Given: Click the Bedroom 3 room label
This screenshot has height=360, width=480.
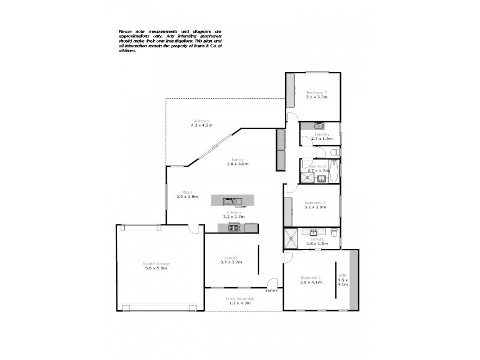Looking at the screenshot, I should tap(316, 92).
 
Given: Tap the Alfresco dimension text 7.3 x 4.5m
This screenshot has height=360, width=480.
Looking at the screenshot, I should tap(202, 125).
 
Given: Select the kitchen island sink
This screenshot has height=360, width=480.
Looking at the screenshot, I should tap(229, 200).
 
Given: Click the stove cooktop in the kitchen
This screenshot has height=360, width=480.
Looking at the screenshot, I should tap(234, 227).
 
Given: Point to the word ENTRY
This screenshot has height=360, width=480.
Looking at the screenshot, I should tap(272, 291).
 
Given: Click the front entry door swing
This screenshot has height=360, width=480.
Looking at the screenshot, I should tap(273, 282).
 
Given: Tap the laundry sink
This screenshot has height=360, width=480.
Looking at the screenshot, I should tap(319, 126).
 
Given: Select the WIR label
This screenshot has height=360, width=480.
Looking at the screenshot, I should tap(343, 277).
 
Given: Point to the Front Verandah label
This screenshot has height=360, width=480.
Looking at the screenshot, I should tap(239, 298).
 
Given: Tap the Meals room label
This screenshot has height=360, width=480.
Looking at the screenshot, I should tap(187, 193).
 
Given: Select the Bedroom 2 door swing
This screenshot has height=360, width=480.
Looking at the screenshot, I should tap(290, 189).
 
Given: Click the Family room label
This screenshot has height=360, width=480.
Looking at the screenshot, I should tap(238, 160).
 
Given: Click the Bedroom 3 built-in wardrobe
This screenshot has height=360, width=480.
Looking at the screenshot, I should tap(290, 91).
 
